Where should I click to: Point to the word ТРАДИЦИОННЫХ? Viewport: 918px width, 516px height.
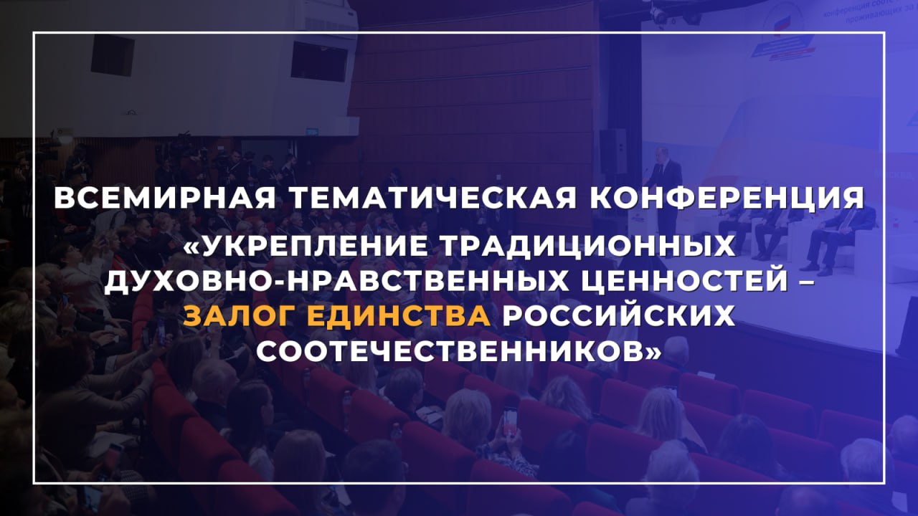[x=587, y=246]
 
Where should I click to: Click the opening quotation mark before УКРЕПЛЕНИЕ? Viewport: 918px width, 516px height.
[x=192, y=246]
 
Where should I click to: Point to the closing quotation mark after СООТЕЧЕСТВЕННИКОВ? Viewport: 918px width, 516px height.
[x=653, y=352]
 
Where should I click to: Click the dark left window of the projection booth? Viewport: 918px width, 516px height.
[x=113, y=55]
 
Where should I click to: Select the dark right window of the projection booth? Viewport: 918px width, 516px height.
[x=319, y=61]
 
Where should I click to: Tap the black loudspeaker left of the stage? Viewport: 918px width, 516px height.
[x=613, y=150]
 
